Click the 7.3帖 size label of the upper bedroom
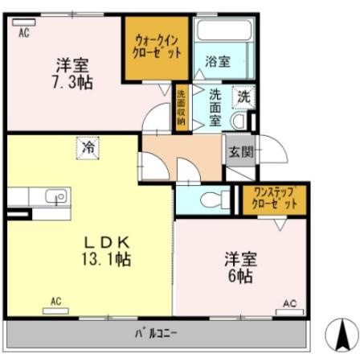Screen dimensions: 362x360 [72, 80]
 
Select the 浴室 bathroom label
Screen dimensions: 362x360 [217, 60]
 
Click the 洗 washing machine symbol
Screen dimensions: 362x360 [242, 97]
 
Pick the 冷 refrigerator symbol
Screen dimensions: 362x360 [86, 148]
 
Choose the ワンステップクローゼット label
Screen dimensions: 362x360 [275, 199]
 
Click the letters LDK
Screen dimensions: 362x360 [103, 242]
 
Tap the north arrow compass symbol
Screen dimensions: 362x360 [339, 334]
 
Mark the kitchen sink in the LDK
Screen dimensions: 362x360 [55, 196]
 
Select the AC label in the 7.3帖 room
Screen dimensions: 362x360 [24, 32]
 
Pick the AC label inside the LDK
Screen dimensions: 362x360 [55, 302]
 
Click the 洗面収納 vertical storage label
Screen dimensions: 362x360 [181, 108]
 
